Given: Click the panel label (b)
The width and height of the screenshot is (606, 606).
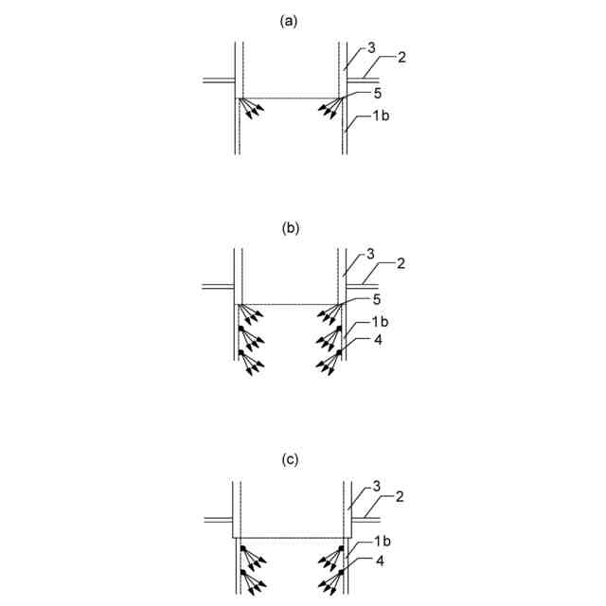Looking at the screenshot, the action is pos(290,228).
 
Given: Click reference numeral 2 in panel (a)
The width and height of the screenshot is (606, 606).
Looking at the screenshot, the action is pos(401,59).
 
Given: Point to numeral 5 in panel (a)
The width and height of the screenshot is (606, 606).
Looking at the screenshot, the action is pos(378,93).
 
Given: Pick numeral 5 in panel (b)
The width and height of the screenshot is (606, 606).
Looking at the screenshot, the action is pos(378,300).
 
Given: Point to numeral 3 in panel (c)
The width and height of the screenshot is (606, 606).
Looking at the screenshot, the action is pos(376,487).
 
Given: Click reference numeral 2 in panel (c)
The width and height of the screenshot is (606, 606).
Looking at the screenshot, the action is pos(401,496).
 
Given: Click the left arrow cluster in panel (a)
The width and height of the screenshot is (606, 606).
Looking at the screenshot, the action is pos(250,108).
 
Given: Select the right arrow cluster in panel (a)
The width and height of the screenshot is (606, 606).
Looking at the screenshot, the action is pos(329,108).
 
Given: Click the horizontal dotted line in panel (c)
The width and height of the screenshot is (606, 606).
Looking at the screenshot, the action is pos(289,537).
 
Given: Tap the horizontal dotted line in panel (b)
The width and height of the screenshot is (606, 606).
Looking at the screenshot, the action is pos(289,305).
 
